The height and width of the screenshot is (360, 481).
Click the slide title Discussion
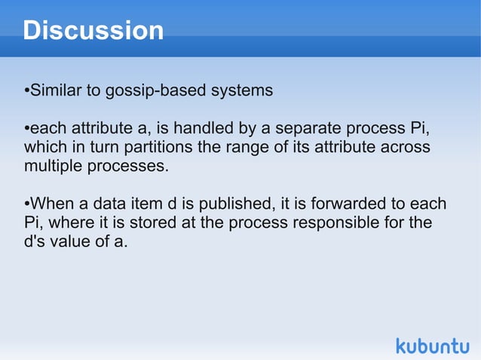93,31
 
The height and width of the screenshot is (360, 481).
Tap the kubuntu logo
432,346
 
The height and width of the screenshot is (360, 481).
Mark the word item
155,204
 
